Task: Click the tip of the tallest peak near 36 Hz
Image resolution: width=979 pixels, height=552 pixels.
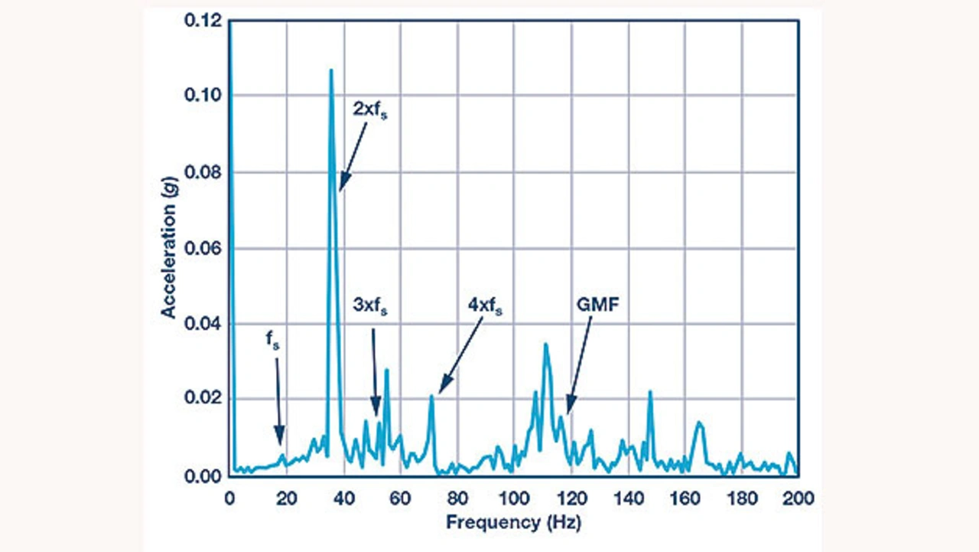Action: click(x=331, y=70)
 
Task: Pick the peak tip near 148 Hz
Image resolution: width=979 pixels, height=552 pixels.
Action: click(x=650, y=392)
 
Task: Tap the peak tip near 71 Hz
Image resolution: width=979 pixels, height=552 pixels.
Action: click(x=432, y=396)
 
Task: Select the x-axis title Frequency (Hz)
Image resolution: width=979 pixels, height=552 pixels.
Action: click(x=513, y=523)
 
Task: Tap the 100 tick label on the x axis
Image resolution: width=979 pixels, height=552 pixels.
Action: click(x=514, y=498)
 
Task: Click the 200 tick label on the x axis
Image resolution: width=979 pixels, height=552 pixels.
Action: click(x=798, y=498)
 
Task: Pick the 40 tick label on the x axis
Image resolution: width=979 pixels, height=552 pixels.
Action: click(x=343, y=498)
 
